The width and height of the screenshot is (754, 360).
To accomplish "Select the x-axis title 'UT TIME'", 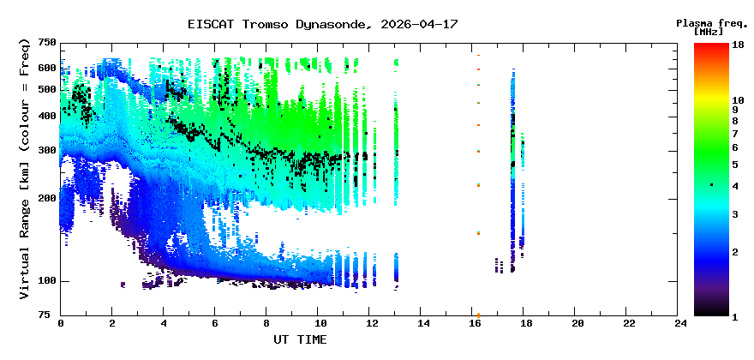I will (300, 339).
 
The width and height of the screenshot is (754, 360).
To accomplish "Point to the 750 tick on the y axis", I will (46, 43).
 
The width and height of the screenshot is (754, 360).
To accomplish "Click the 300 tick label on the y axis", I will (46, 150).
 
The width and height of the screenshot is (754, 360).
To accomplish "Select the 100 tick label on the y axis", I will (46, 281).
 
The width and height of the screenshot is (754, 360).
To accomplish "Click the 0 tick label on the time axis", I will (61, 323).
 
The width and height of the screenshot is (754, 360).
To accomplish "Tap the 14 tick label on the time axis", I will (422, 323).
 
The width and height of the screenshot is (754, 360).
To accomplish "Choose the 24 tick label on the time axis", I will (681, 323).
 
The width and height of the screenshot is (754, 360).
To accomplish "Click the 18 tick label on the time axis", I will (526, 323).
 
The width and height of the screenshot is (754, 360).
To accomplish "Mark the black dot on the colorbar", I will (711, 185).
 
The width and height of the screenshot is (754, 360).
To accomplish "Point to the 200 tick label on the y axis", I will (46, 198).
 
